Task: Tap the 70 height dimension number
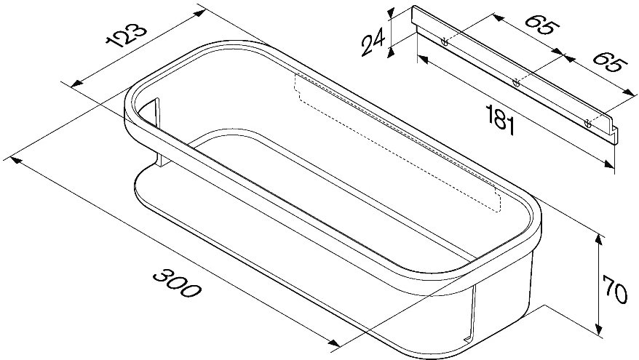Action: [615, 289]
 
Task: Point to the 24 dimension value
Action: [373, 42]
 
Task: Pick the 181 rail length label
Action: [501, 120]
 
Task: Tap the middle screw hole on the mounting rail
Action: [516, 83]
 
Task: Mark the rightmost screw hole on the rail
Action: [587, 124]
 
